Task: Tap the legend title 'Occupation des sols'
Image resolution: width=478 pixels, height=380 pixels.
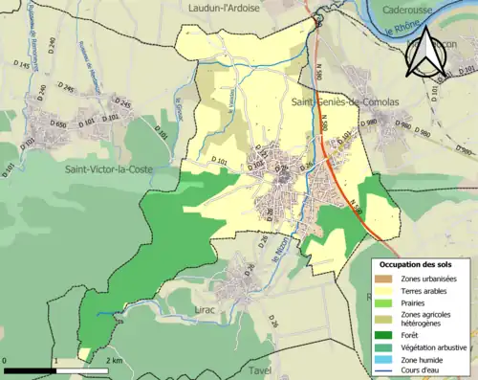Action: click(x=420, y=263)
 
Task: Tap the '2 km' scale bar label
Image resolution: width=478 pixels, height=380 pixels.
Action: click(x=114, y=362)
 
